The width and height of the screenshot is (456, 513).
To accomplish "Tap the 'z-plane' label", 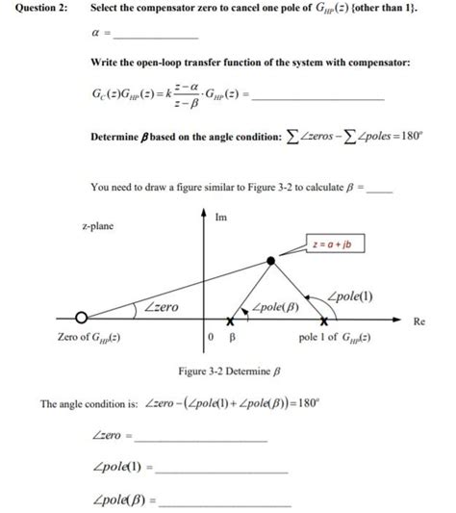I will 97,225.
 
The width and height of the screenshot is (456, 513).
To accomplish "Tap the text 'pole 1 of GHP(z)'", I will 340,339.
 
